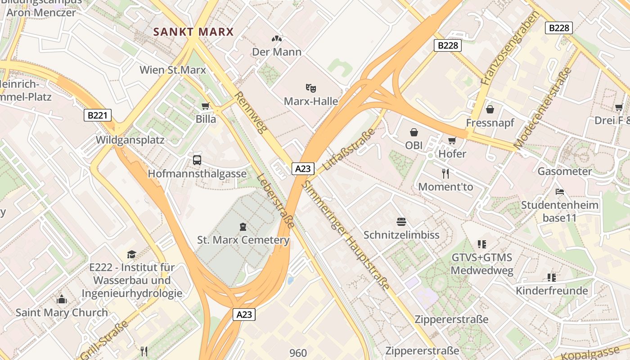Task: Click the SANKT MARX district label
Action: [x=193, y=32]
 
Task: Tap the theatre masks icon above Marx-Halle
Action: [x=310, y=87]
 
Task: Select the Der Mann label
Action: [x=276, y=52]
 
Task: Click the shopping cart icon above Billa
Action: [x=206, y=106]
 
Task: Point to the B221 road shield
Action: [x=98, y=115]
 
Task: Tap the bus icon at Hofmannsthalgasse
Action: [x=197, y=160]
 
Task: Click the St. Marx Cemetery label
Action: [x=243, y=240]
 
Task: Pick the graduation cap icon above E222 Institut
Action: [x=131, y=254]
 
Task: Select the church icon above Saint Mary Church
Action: [x=62, y=299]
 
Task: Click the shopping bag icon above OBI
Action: [x=414, y=132]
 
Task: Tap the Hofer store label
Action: [x=452, y=153]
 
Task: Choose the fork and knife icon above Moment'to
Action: [x=445, y=173]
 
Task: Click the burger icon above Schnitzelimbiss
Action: [x=401, y=221]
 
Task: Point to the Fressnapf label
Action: [x=490, y=123]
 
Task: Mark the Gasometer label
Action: [x=565, y=171]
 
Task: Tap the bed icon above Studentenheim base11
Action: [x=560, y=192]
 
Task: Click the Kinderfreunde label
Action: [x=552, y=291]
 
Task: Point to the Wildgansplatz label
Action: [x=130, y=139]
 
